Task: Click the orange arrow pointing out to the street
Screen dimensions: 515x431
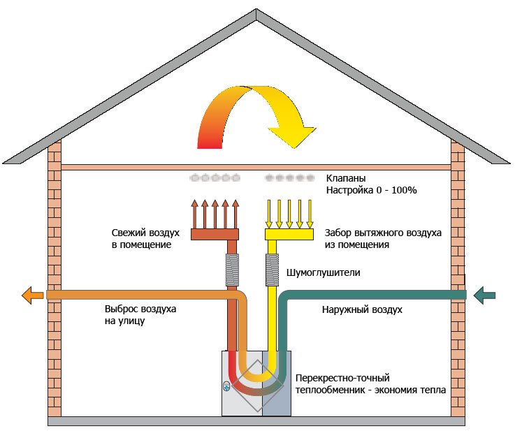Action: pyautogui.click(x=32, y=295)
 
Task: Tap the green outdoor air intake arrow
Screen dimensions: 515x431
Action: pyautogui.click(x=484, y=295)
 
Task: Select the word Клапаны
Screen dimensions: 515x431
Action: pyautogui.click(x=345, y=178)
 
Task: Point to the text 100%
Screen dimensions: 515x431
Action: pyautogui.click(x=404, y=190)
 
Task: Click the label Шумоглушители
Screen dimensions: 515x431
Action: pyautogui.click(x=324, y=272)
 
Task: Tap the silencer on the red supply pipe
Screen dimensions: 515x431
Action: pyautogui.click(x=232, y=270)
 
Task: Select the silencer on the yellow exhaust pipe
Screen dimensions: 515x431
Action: pyautogui.click(x=272, y=270)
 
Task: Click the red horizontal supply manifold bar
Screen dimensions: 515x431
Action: pyautogui.click(x=215, y=235)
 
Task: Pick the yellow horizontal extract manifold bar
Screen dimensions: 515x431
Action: pyautogui.click(x=289, y=235)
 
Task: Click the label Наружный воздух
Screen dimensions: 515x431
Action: pyautogui.click(x=362, y=310)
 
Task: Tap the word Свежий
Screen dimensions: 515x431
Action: pyautogui.click(x=127, y=233)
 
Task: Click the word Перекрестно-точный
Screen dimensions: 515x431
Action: pyautogui.click(x=342, y=378)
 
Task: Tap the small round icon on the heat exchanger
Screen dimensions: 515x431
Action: pyautogui.click(x=226, y=386)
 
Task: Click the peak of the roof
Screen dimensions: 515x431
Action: pyautogui.click(x=256, y=9)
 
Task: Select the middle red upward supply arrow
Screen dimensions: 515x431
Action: pyautogui.click(x=215, y=214)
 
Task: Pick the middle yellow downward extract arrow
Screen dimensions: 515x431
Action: pyautogui.click(x=289, y=214)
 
